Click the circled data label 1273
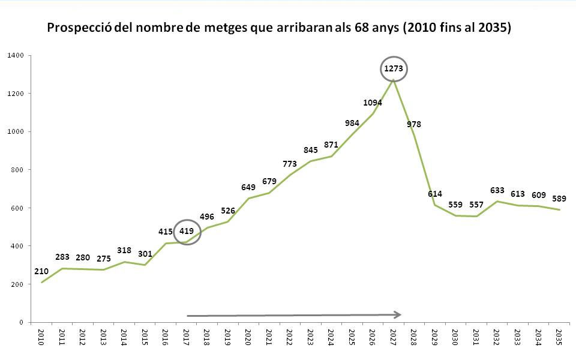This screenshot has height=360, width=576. click(x=394, y=70)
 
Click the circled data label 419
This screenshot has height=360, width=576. click(x=187, y=231)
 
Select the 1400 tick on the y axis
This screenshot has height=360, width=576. click(x=16, y=56)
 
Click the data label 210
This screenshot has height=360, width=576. click(x=41, y=271)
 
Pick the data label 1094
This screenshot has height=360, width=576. click(x=373, y=103)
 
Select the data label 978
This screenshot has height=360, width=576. click(x=414, y=124)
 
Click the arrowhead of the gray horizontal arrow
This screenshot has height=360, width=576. click(x=397, y=314)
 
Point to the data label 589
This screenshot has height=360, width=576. click(x=559, y=199)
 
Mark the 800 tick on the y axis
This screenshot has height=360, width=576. click(x=17, y=170)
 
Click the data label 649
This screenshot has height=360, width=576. click(x=248, y=187)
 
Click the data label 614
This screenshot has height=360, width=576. click(x=435, y=194)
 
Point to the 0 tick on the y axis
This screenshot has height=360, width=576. click(x=22, y=322)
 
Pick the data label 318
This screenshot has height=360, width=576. click(x=124, y=251)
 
